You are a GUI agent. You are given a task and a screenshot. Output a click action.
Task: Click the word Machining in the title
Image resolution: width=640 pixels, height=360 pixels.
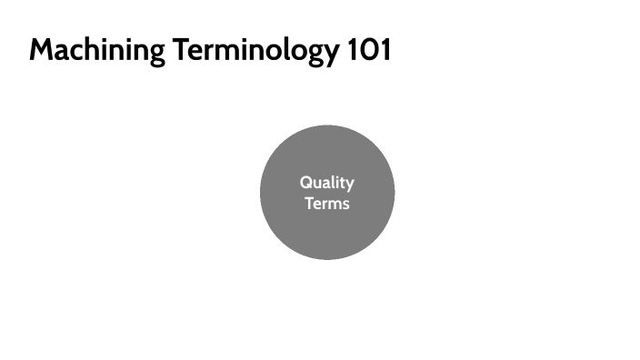(x=96, y=51)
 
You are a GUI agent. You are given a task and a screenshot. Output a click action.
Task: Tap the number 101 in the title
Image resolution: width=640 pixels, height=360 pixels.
(x=369, y=50)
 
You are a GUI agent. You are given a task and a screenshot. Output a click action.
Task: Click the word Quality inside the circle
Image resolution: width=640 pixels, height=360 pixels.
(x=327, y=184)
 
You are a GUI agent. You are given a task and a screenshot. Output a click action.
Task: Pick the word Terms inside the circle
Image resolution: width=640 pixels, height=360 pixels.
(x=327, y=204)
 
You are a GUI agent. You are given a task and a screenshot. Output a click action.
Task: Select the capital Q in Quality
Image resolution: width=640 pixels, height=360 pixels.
(x=306, y=183)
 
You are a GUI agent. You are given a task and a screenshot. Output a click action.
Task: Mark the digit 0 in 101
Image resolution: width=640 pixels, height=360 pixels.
(x=369, y=50)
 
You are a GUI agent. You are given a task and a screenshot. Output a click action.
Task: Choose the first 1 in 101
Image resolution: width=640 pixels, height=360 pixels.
(x=353, y=50)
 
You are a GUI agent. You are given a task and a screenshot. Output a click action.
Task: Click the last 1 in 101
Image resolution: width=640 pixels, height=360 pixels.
(x=385, y=50)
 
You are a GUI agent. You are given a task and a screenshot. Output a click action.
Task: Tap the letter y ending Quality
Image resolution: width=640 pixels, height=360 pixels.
(x=350, y=185)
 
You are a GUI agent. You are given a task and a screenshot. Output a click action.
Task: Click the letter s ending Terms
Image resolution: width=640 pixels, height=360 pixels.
(x=345, y=205)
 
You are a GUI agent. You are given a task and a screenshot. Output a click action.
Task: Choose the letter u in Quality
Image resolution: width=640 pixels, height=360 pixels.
(x=317, y=185)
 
